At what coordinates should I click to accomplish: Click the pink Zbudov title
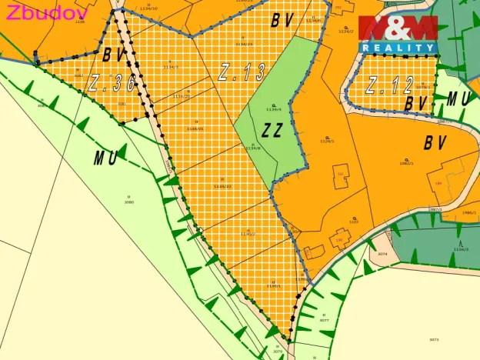tap(46, 12)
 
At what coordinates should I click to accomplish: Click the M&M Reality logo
tap(398, 35)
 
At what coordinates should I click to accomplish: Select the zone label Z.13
tap(242, 73)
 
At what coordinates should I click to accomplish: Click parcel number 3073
tap(434, 338)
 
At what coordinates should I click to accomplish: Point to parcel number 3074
tap(382, 253)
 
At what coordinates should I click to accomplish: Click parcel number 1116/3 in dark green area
tap(461, 249)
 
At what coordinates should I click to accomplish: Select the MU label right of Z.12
tap(458, 98)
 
